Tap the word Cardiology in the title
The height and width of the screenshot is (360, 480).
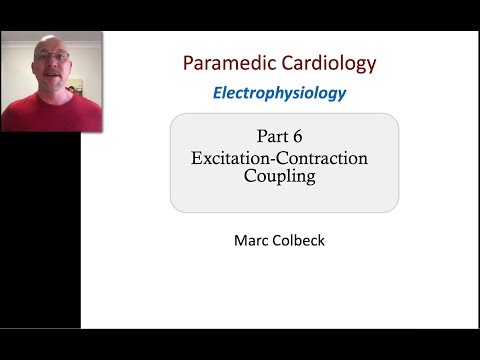pos(329,63)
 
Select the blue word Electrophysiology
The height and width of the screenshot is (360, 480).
pos(279,93)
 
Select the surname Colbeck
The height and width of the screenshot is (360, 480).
pos(300,240)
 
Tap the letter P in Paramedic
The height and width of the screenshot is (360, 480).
pos(188,63)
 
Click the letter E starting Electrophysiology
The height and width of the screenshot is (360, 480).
pos(217,93)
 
